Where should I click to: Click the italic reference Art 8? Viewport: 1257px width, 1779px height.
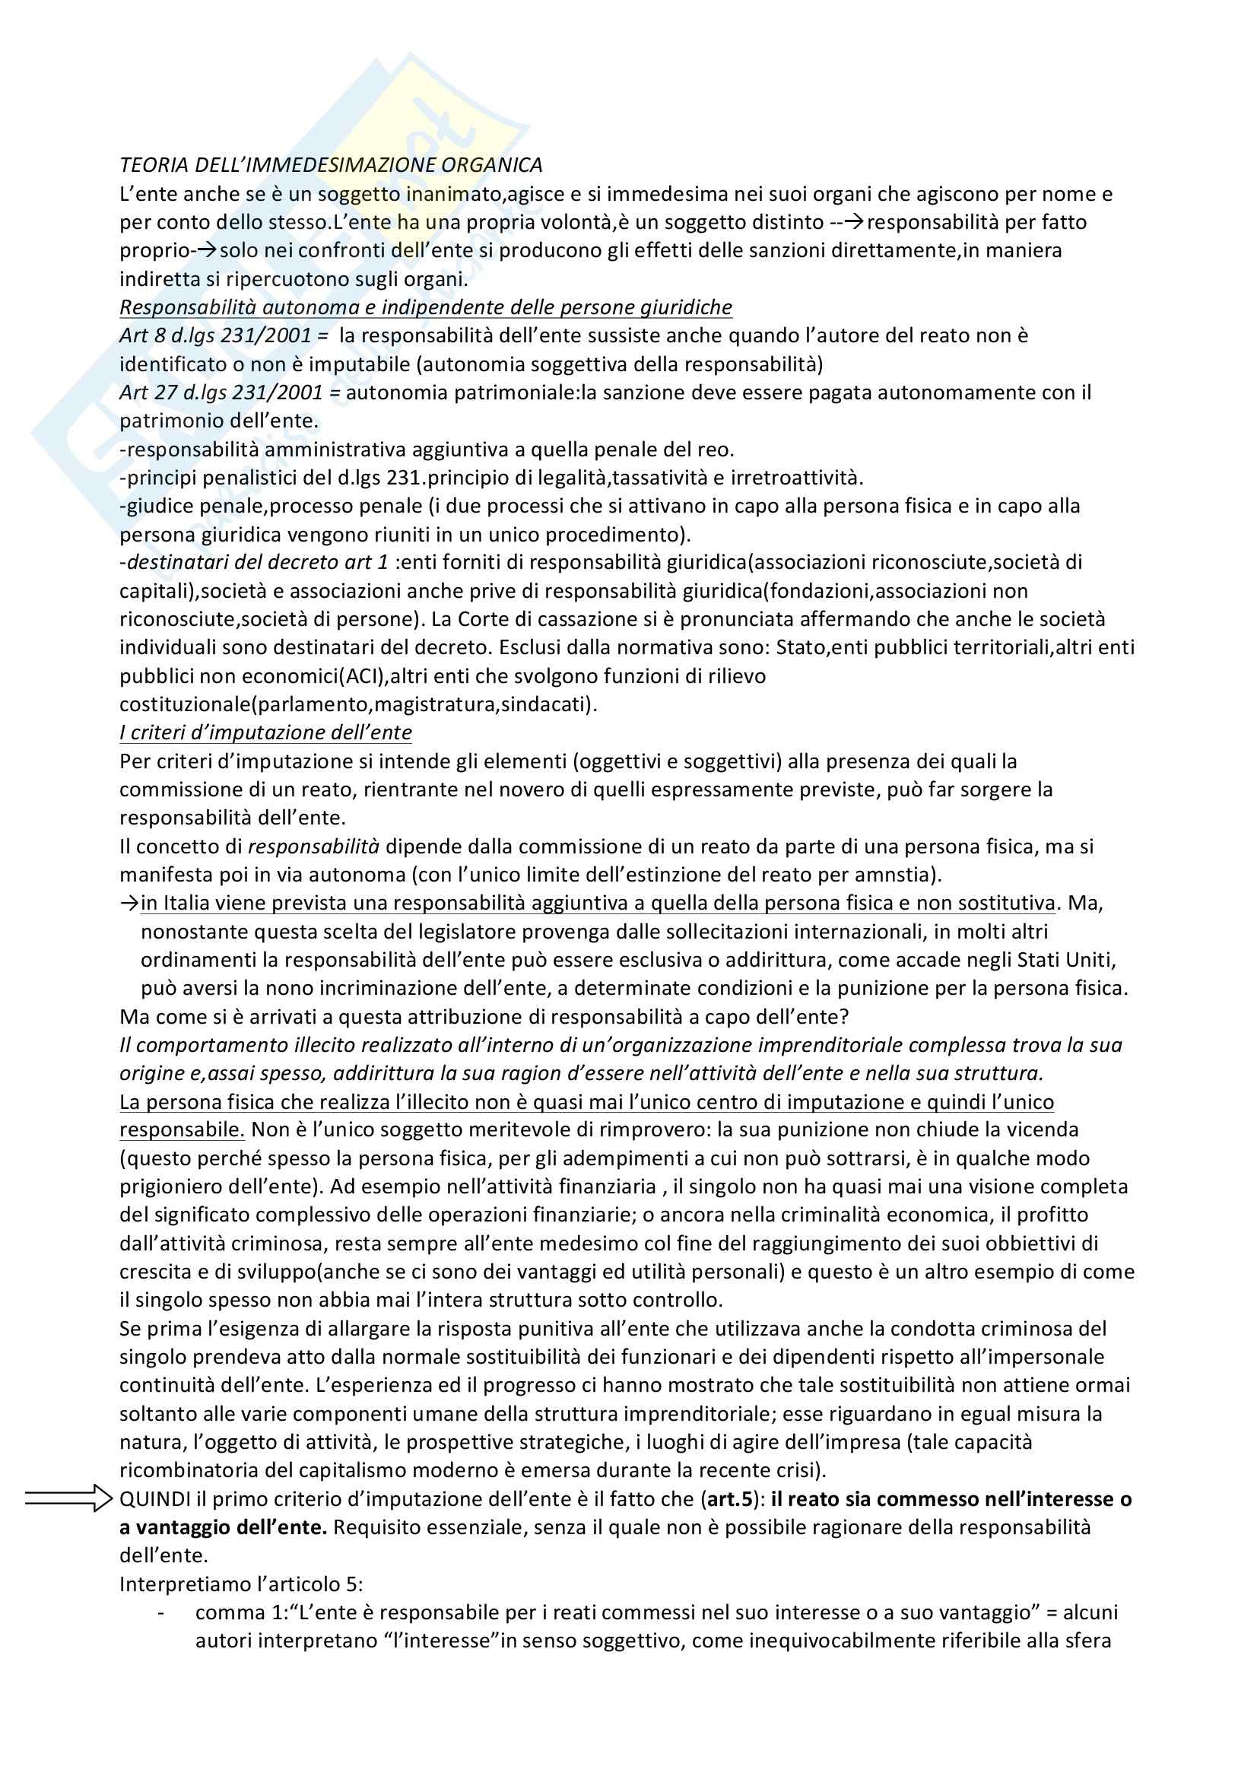(141, 335)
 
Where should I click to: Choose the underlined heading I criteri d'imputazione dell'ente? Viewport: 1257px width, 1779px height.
(265, 733)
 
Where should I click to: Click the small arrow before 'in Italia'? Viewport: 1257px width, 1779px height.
(129, 904)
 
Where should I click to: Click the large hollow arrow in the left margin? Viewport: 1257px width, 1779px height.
(68, 1498)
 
